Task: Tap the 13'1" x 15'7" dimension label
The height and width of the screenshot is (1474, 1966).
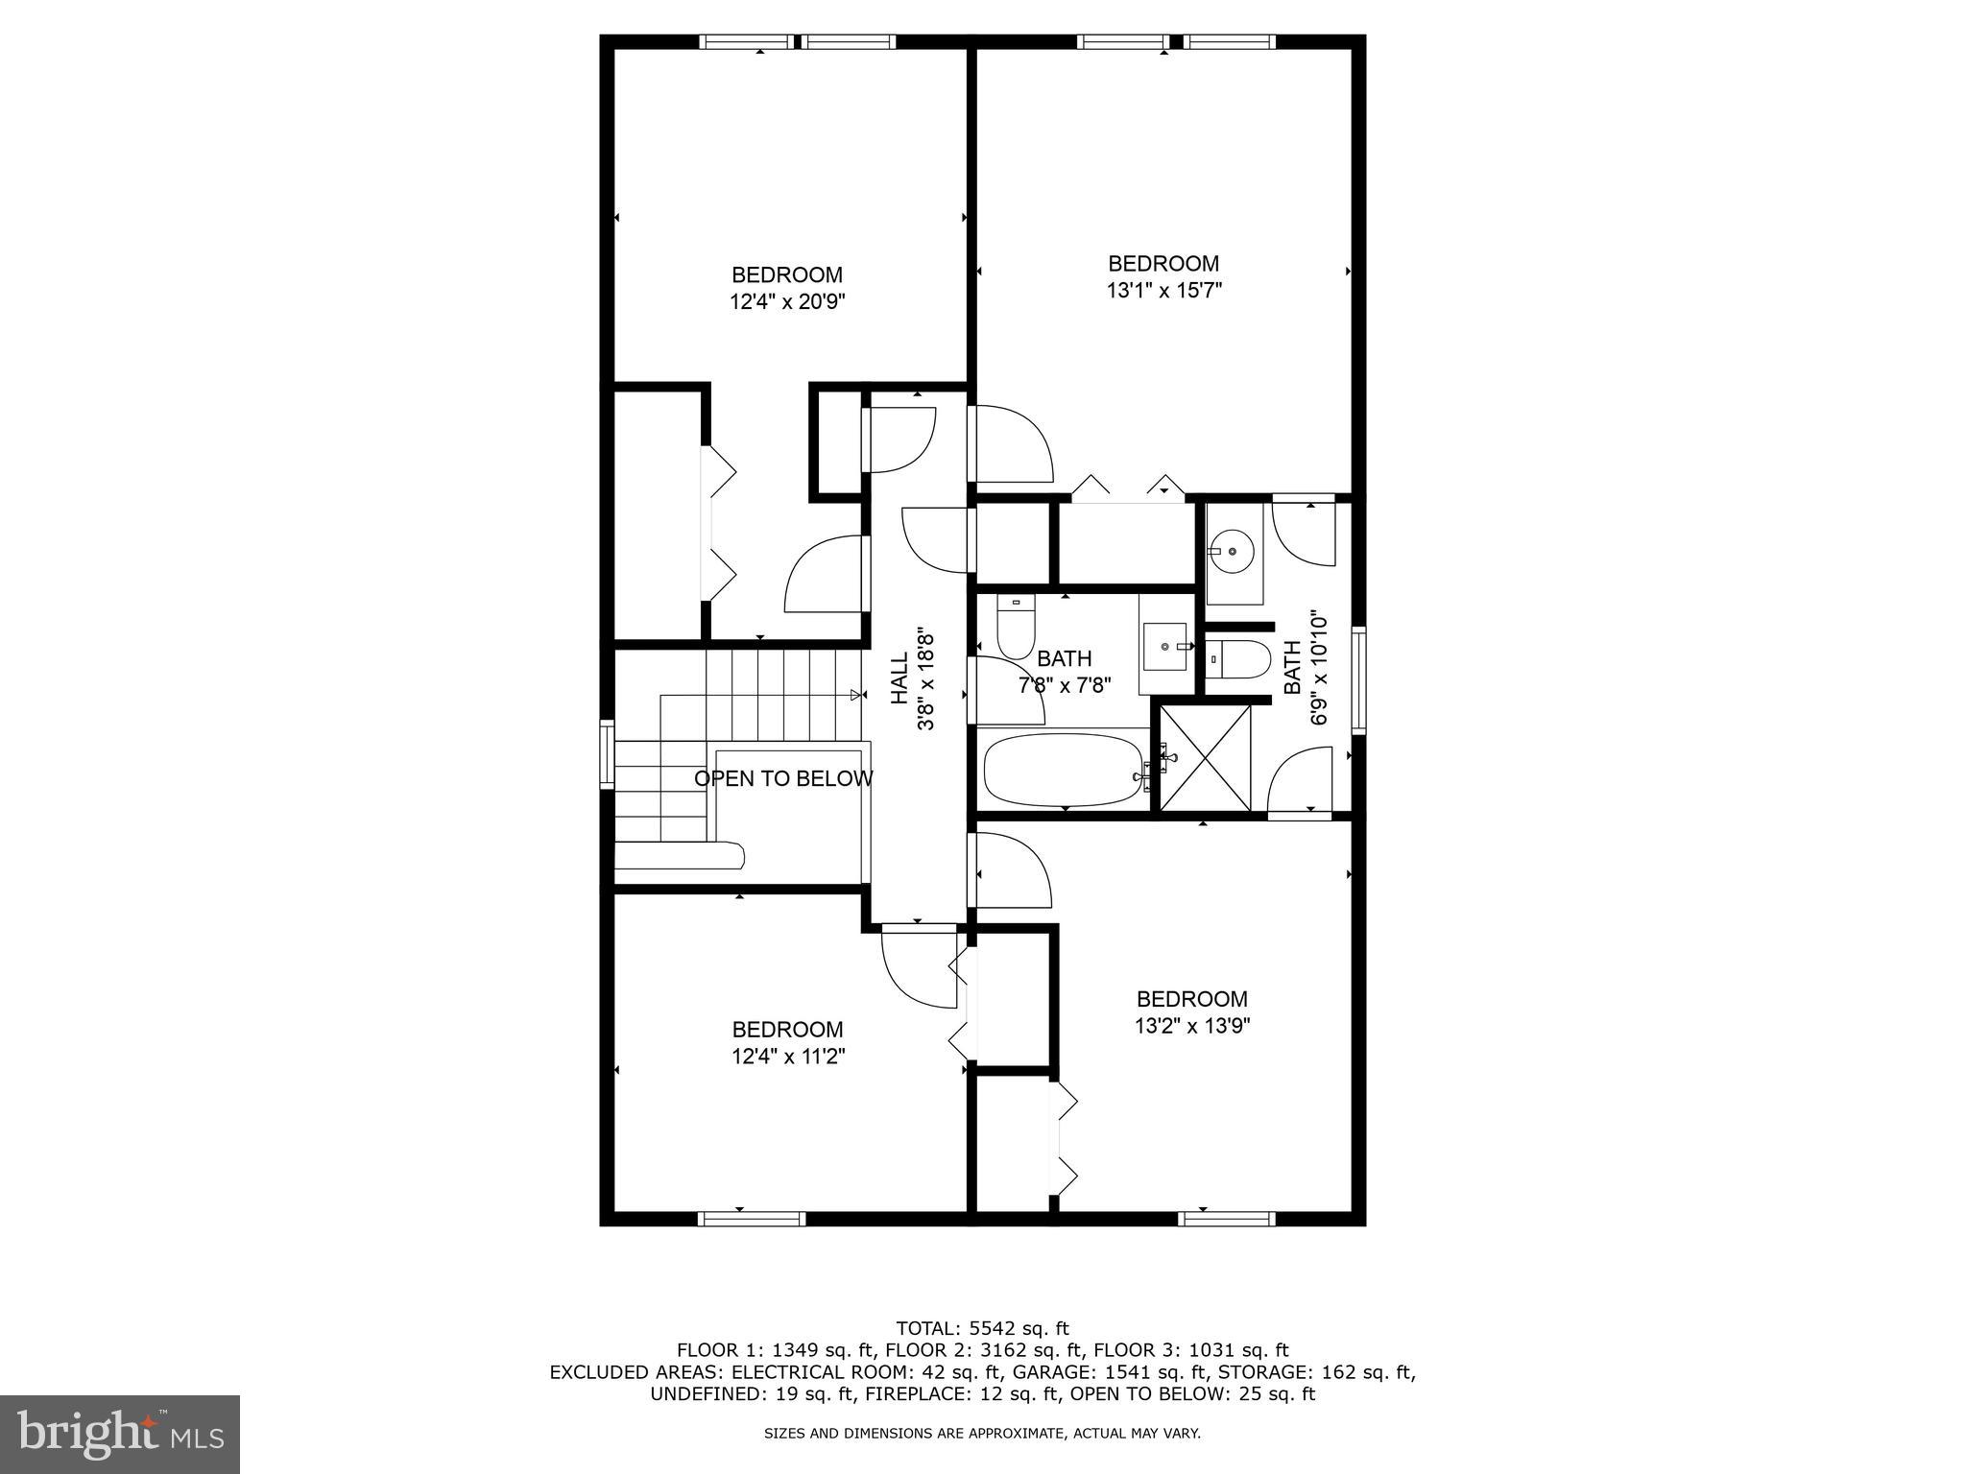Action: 1163,291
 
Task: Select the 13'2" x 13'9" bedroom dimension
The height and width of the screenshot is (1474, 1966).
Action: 1191,1026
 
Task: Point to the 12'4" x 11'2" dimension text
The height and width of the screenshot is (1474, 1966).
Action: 787,1057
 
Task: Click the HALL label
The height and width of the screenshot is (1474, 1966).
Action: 899,678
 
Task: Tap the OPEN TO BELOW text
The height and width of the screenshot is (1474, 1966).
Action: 783,779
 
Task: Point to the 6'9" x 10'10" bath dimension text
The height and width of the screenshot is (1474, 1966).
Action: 1319,669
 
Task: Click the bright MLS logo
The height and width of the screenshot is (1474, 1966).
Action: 120,1434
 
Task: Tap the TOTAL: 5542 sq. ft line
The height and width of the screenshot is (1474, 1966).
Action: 982,1329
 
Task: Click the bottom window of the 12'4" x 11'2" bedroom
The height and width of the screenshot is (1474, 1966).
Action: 751,1219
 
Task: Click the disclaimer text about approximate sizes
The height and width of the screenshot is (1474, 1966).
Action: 982,1434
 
